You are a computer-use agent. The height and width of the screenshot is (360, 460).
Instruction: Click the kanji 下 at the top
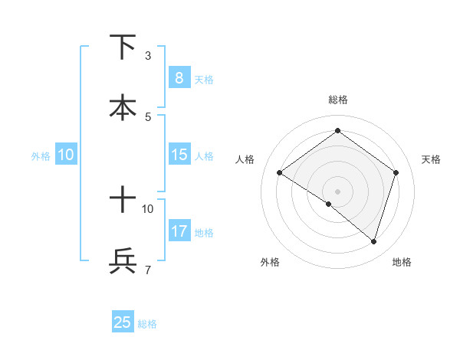[x=123, y=47]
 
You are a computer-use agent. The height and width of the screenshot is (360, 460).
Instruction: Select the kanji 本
[x=123, y=108]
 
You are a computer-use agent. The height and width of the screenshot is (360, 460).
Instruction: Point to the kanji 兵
[x=123, y=261]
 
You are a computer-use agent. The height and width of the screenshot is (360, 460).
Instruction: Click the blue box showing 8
[x=179, y=77]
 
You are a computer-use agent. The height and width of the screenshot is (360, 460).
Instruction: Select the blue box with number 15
[x=179, y=155]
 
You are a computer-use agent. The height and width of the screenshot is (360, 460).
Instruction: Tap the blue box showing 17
[x=179, y=231]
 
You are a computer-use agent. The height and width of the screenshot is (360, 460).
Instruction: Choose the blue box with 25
[x=123, y=322]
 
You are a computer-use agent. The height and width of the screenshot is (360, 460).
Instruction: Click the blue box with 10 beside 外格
[x=66, y=155]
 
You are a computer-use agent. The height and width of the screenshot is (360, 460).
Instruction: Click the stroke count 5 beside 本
[x=148, y=117]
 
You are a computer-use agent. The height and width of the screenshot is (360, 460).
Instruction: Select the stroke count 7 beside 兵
[x=148, y=270]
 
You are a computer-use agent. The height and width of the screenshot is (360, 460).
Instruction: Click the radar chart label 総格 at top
[x=337, y=100]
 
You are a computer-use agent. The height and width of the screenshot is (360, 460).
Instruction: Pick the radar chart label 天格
[x=431, y=159]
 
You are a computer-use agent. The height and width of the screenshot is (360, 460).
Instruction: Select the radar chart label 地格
[x=402, y=262]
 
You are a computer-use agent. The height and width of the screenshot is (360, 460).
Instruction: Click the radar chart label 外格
[x=270, y=262]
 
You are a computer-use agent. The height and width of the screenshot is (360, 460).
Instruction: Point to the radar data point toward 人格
[x=280, y=173]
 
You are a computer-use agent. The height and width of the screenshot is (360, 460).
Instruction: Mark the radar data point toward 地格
[x=373, y=241]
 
